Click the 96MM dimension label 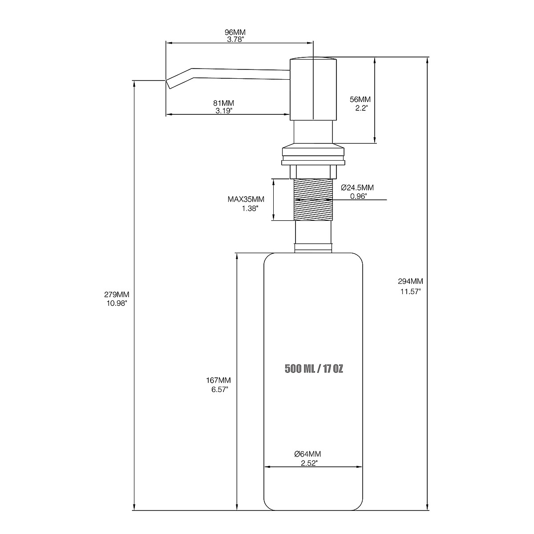(235, 32)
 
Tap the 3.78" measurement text (235, 39)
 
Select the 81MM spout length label (224, 103)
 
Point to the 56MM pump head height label (360, 99)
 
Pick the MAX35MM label (246, 199)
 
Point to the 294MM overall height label (410, 281)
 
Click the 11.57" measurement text (410, 291)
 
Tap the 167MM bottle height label (218, 380)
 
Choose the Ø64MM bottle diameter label (307, 454)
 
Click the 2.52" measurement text (307, 463)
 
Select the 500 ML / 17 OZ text (314, 369)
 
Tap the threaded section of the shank (314, 199)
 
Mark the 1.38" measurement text (250, 208)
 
